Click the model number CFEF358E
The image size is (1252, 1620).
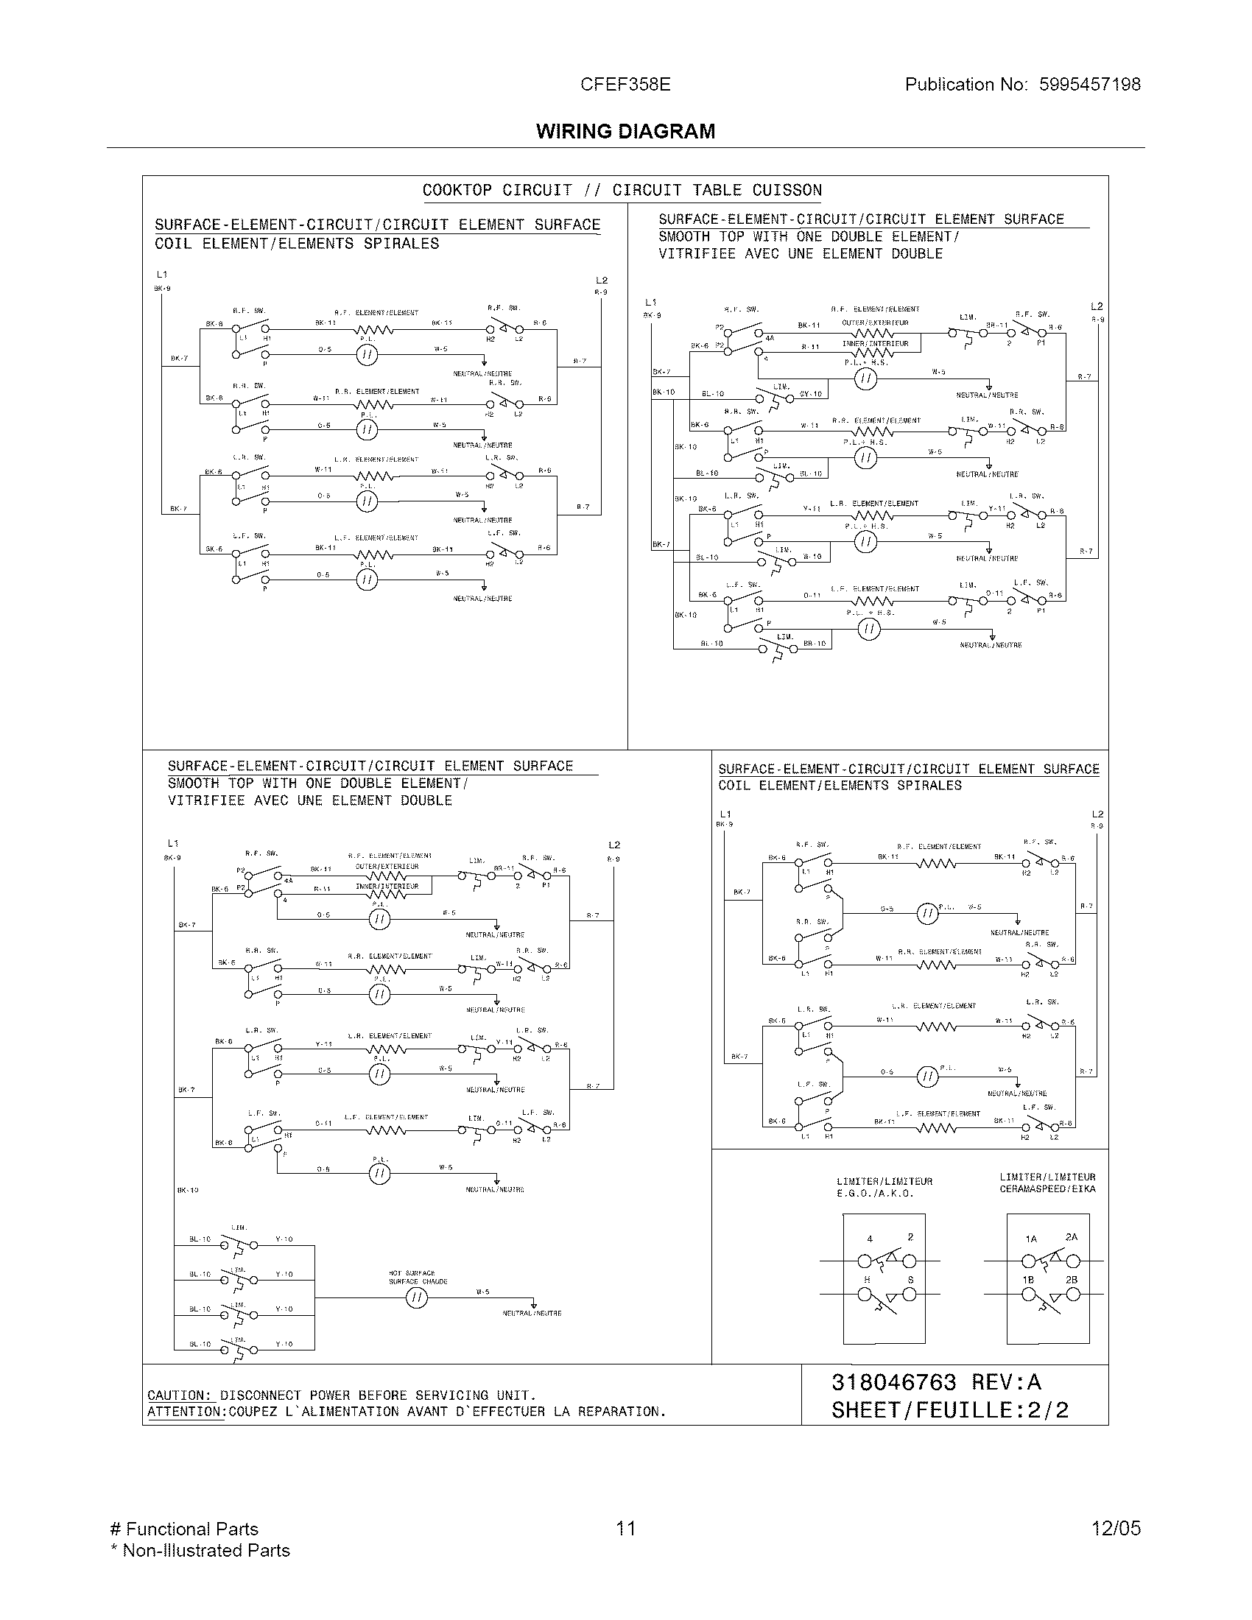pyautogui.click(x=625, y=85)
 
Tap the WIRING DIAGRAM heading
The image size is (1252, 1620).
pyautogui.click(x=625, y=131)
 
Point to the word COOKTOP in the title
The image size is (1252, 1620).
pyautogui.click(x=456, y=191)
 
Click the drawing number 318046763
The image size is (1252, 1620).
pyautogui.click(x=894, y=1382)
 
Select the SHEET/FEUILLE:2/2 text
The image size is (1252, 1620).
pyautogui.click(x=949, y=1410)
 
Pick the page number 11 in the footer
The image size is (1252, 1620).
pyautogui.click(x=625, y=1528)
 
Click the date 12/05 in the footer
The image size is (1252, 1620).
pyautogui.click(x=1116, y=1528)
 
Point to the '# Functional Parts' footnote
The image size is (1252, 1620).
pyautogui.click(x=184, y=1529)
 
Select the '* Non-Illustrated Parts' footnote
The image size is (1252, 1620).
pyautogui.click(x=200, y=1550)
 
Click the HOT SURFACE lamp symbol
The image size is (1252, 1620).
pyautogui.click(x=416, y=1297)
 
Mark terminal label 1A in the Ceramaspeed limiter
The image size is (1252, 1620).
pyautogui.click(x=1031, y=1239)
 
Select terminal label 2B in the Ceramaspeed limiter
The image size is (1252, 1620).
pyautogui.click(x=1072, y=1280)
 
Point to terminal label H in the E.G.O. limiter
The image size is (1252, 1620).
pyautogui.click(x=867, y=1281)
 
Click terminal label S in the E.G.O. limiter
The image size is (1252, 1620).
pyautogui.click(x=910, y=1281)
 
